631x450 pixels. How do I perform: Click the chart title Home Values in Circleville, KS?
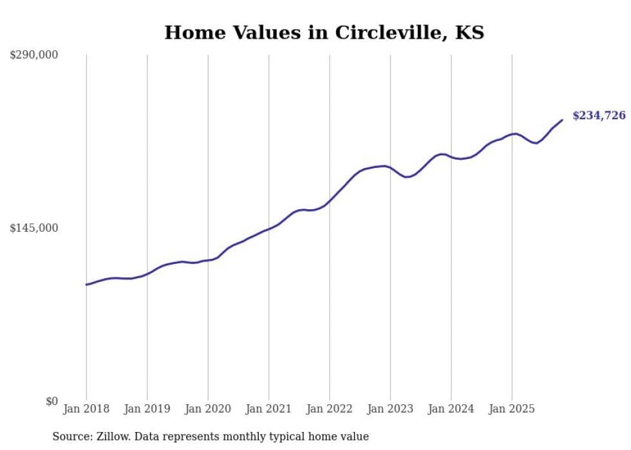point(324,32)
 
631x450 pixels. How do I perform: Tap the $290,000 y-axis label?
point(34,55)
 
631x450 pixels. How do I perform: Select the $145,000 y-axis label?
point(34,228)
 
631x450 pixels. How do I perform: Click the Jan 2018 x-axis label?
point(86,409)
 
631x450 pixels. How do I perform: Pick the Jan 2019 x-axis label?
point(147,409)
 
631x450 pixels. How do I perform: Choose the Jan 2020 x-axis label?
point(208,409)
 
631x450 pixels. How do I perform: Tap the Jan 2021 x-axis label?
point(268,409)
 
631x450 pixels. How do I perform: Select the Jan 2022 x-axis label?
point(330,409)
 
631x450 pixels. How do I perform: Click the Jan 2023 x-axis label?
point(390,409)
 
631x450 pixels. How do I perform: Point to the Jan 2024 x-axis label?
point(451,409)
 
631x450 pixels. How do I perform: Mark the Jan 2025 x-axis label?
point(512,409)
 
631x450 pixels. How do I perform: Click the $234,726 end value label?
point(599,116)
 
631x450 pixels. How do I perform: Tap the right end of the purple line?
point(562,120)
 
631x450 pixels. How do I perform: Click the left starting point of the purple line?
point(86,285)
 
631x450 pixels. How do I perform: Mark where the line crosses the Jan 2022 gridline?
point(330,201)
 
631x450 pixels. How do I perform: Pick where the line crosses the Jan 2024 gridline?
point(451,157)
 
